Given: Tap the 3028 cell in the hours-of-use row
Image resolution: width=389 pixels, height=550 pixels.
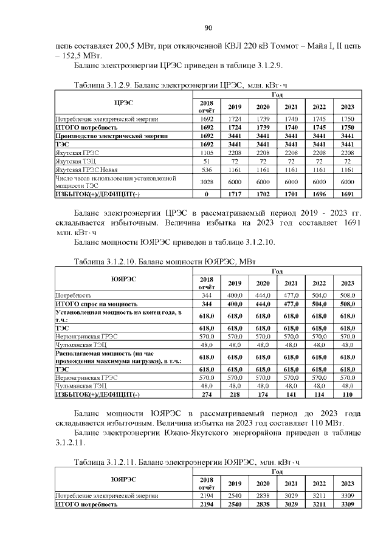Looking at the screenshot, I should click(x=207, y=182).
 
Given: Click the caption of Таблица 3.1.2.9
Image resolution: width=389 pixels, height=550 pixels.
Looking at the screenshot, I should click(x=177, y=84).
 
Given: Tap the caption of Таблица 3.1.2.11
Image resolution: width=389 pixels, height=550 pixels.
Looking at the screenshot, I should click(x=187, y=463).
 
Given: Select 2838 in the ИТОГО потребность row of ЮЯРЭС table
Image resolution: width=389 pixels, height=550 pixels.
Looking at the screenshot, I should click(x=263, y=504).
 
